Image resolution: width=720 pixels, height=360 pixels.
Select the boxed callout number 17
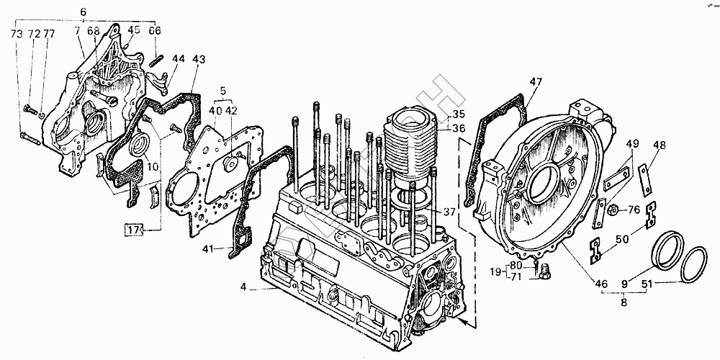pyautogui.click(x=132, y=230)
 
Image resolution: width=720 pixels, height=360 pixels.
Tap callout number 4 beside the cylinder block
pyautogui.click(x=244, y=287)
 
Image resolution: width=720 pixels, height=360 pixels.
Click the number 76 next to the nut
pyautogui.click(x=634, y=210)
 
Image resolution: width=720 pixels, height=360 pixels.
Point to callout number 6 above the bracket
pyautogui.click(x=83, y=12)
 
